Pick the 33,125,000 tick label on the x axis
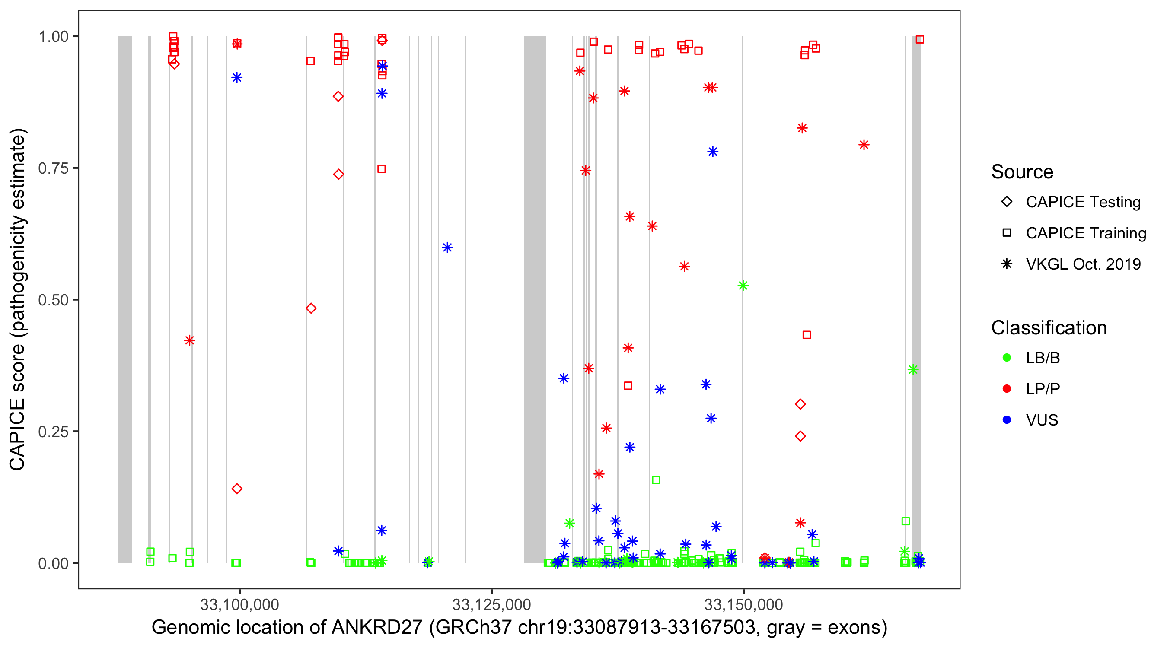491,604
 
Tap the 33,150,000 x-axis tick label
743,604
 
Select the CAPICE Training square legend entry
1007,233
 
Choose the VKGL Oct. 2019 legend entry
1007,264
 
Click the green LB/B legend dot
1007,358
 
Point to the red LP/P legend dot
1007,389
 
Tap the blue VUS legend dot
1007,420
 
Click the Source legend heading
1022,172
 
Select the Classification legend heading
1049,328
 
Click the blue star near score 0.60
447,248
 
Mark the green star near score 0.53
743,285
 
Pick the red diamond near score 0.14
237,489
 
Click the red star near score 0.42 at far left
190,340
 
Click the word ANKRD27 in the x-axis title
377,628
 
